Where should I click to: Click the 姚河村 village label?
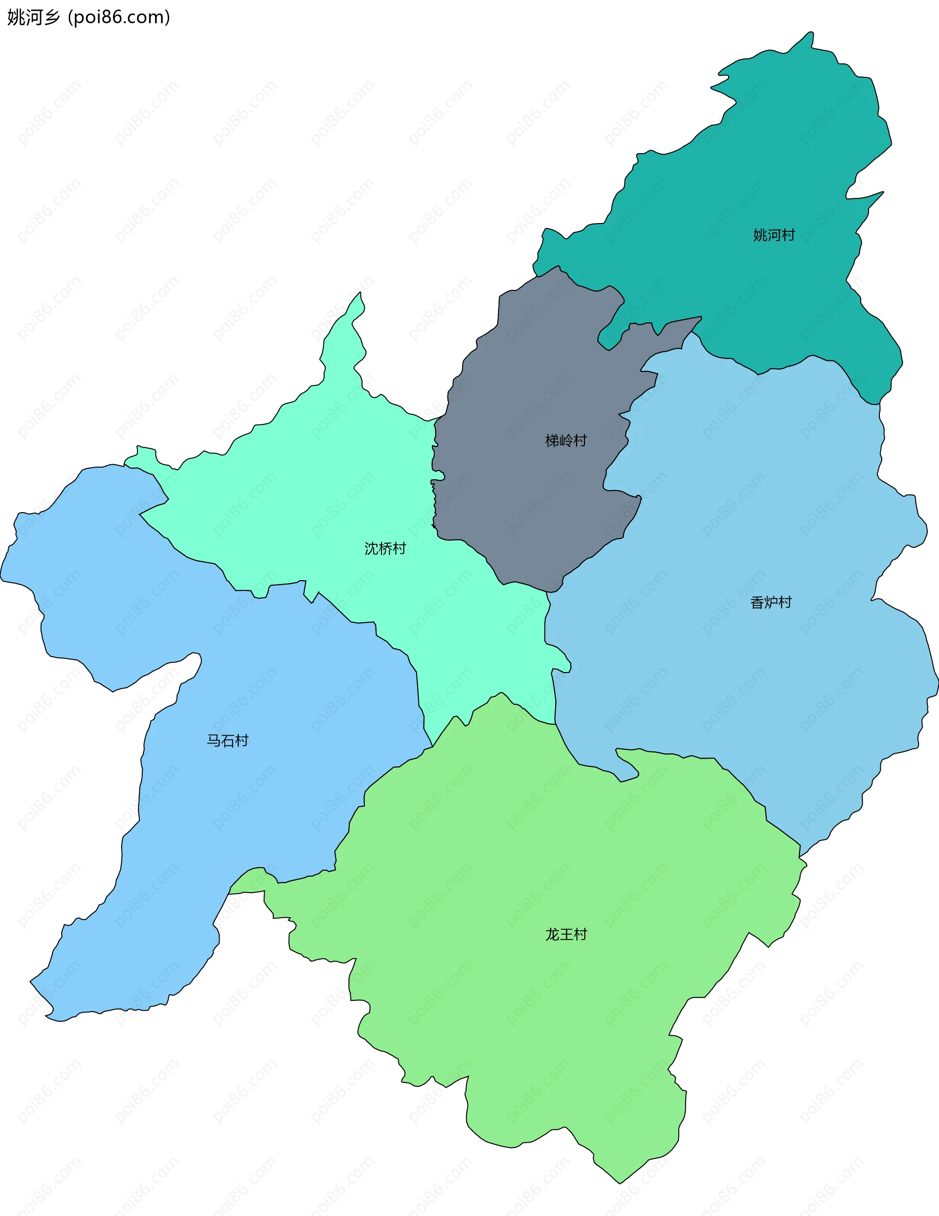(774, 235)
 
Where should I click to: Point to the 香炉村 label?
(771, 603)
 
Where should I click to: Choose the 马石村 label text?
(227, 741)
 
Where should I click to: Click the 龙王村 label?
(566, 934)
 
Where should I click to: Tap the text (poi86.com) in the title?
(118, 17)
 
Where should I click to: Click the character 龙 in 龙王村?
(552, 934)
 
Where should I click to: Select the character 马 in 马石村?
(214, 741)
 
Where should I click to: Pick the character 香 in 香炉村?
(757, 603)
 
